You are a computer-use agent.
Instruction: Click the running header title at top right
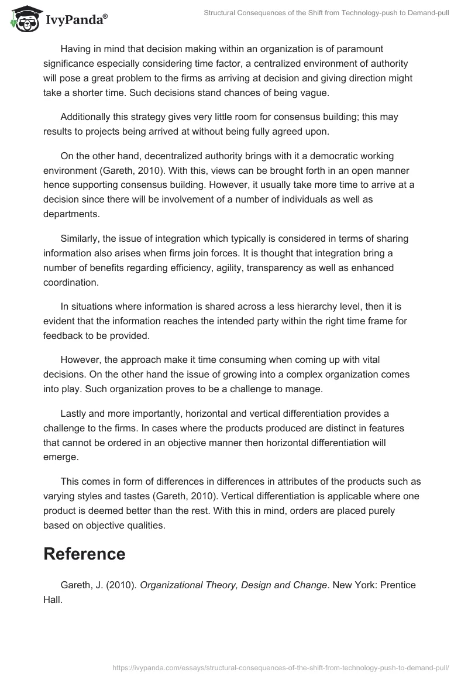(x=326, y=12)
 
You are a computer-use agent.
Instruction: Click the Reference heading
(x=84, y=554)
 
